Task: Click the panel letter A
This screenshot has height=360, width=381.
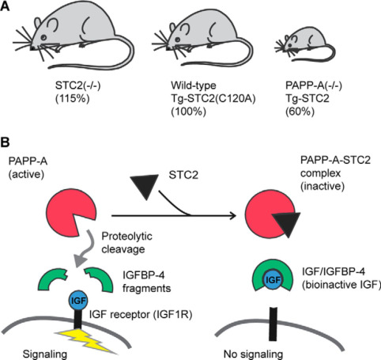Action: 5,6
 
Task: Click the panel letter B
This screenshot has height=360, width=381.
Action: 5,142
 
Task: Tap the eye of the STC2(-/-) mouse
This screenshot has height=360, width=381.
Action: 43,37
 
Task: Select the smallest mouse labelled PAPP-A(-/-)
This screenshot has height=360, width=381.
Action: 305,45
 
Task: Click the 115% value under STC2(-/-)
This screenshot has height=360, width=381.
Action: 73,98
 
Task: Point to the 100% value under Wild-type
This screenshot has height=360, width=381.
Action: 188,112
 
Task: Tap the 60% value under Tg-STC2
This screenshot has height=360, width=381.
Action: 300,112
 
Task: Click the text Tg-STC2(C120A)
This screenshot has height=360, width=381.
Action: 213,99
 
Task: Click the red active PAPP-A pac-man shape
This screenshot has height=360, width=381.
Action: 70,213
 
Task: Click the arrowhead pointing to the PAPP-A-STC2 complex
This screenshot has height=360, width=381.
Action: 232,216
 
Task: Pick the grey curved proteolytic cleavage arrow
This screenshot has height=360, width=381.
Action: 85,248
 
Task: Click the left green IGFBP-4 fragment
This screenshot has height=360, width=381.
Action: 51,279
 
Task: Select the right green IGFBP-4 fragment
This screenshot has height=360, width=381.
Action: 100,279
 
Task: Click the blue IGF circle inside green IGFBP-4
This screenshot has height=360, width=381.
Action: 273,279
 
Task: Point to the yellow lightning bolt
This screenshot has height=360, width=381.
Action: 87,340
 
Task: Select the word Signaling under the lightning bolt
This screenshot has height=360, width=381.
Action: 45,354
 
